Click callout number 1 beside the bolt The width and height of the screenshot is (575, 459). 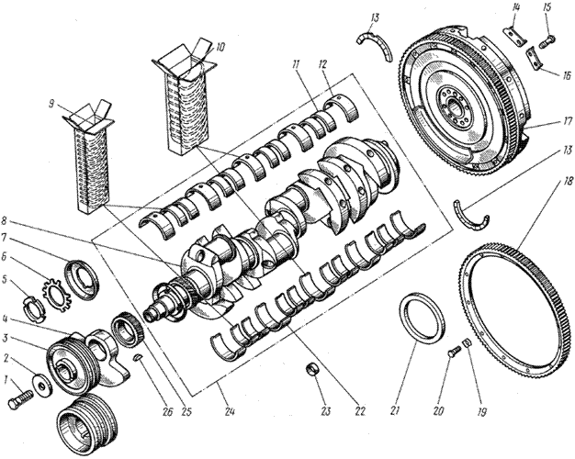[6, 379]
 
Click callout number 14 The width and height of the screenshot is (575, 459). [515, 12]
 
